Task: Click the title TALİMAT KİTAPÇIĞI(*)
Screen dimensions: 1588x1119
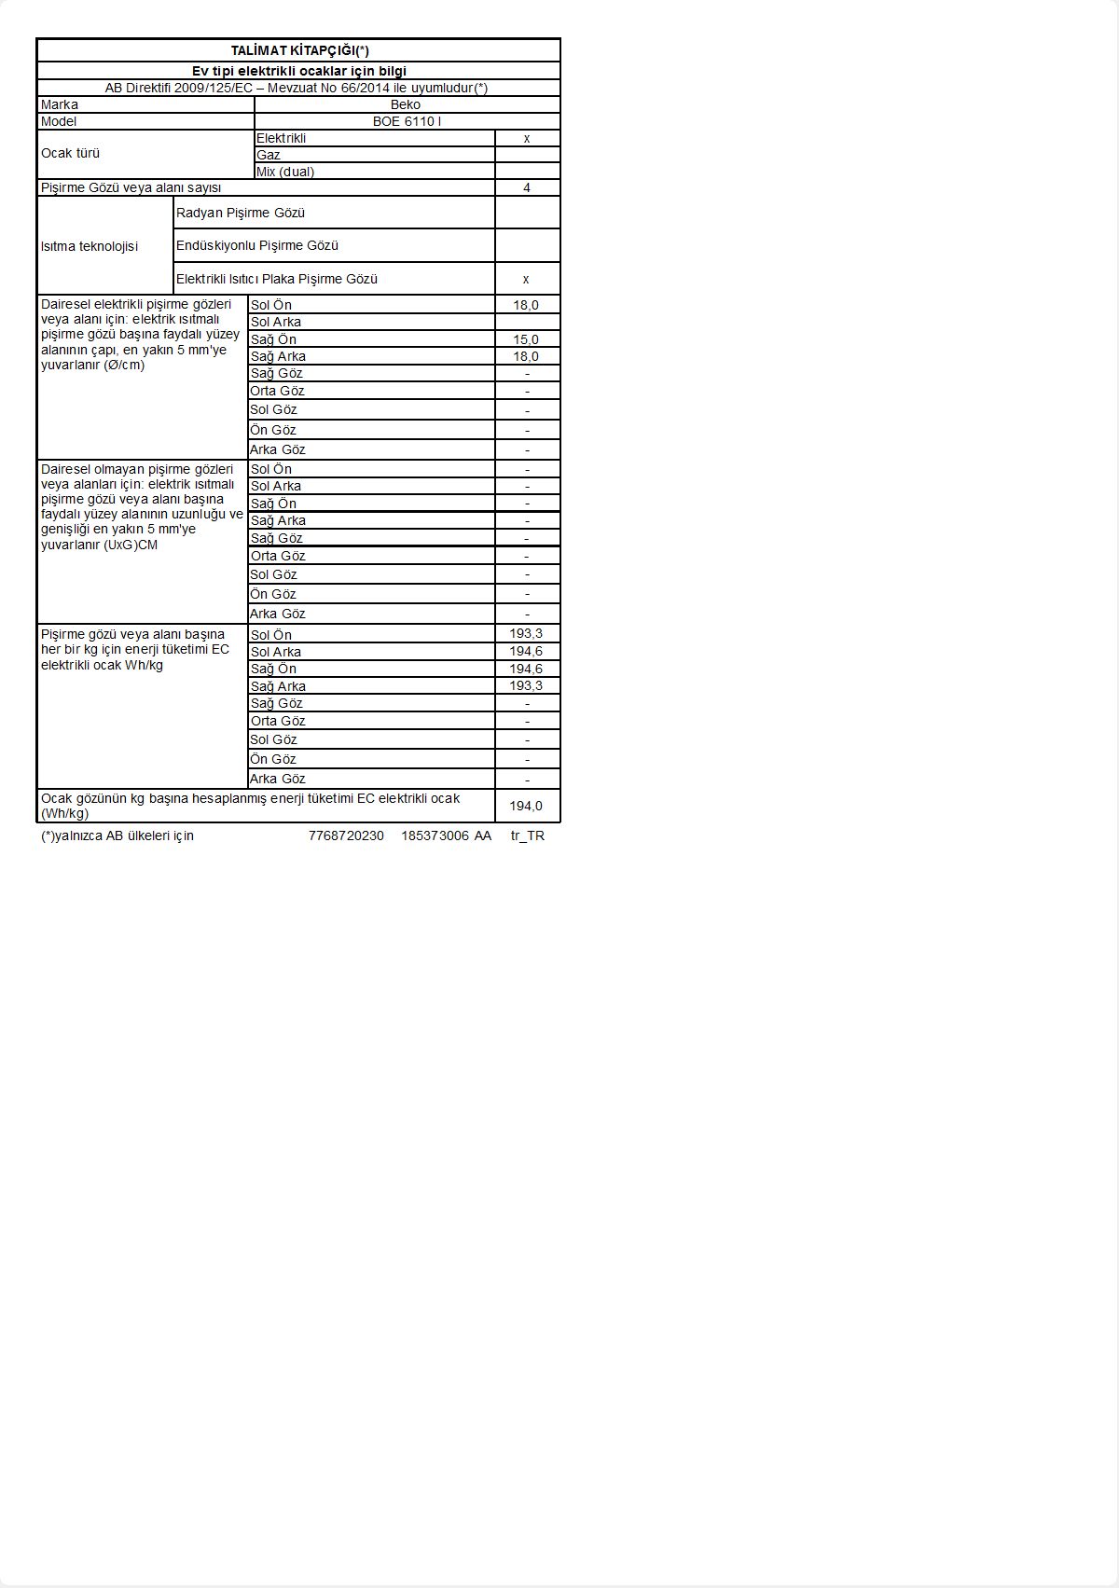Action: click(299, 51)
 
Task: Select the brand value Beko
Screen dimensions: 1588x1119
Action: click(406, 104)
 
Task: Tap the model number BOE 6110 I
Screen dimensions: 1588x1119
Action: click(407, 121)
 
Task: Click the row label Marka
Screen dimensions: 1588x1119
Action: click(60, 104)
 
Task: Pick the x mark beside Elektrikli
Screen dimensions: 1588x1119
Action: click(527, 138)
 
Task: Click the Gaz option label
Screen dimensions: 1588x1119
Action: click(269, 155)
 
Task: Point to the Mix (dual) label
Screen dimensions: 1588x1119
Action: click(285, 172)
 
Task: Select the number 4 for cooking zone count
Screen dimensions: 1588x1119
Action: click(527, 187)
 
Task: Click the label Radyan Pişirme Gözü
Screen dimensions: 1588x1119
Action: click(241, 213)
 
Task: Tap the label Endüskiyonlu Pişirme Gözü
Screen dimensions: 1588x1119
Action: click(257, 245)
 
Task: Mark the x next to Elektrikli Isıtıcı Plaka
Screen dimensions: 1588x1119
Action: click(527, 279)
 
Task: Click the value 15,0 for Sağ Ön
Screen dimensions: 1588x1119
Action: click(526, 339)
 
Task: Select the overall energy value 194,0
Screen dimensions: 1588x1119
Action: click(526, 806)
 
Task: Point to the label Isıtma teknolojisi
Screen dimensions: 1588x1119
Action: click(90, 246)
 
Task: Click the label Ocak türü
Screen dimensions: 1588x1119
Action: click(70, 153)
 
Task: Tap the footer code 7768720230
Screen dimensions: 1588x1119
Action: click(346, 835)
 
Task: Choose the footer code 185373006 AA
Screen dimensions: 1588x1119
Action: click(446, 835)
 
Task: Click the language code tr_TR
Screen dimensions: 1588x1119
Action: click(528, 835)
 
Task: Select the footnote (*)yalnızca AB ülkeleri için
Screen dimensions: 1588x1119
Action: click(117, 835)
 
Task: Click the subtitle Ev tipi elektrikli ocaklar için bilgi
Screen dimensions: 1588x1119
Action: click(299, 71)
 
